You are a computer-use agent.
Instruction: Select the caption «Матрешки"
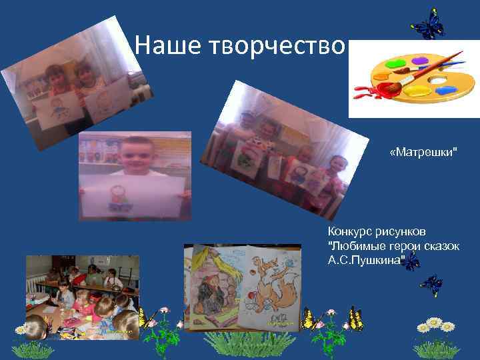(x=424, y=153)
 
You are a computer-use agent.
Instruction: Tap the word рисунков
(x=400, y=232)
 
